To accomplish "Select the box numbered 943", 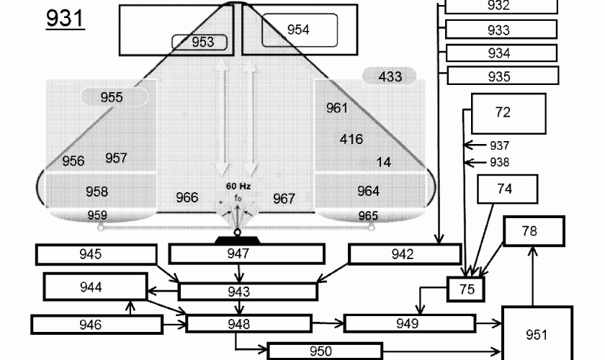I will (247, 292).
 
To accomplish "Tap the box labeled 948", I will (248, 323).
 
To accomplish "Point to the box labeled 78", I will (533, 231).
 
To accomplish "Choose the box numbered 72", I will (503, 112).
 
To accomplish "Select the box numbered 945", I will (96, 254).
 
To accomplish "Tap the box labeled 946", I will (97, 324).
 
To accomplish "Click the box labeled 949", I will (407, 323).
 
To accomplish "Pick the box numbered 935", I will (502, 76).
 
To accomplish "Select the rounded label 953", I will (203, 42).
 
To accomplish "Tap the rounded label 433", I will (390, 76).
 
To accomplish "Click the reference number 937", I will (499, 145).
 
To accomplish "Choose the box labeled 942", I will (404, 254).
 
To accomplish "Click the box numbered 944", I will (92, 287).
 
